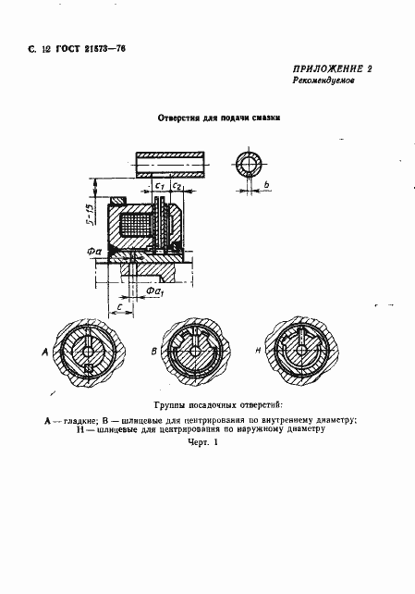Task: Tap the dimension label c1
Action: coord(161,187)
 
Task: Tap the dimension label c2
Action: coord(178,187)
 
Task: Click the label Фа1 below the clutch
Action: coord(153,294)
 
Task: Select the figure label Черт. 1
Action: coord(201,443)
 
